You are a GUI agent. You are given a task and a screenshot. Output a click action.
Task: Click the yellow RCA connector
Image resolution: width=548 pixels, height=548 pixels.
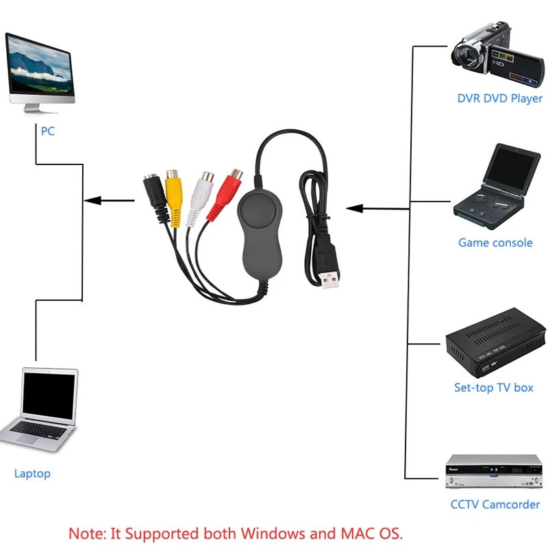[173, 197]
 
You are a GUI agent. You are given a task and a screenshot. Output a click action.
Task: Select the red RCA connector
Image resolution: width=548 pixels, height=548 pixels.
[225, 194]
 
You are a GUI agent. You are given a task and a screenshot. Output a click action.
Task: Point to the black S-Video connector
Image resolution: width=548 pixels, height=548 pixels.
[156, 197]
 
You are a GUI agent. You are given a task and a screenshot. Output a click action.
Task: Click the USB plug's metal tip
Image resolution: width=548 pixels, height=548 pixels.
[329, 280]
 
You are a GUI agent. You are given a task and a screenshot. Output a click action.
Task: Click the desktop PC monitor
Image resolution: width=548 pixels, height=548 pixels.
[40, 73]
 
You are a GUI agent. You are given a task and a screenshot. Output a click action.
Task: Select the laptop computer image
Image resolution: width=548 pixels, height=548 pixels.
[39, 409]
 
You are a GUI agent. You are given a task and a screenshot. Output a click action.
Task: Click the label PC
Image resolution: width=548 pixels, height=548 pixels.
[48, 131]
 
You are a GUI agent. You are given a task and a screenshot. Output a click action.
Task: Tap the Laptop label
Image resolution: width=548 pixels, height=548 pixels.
[32, 473]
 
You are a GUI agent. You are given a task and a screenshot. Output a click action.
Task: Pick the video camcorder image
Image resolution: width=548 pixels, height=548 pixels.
[497, 54]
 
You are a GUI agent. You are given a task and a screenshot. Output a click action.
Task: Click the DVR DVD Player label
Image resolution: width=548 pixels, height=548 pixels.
[500, 99]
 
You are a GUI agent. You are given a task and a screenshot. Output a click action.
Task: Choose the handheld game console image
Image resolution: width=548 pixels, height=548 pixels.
[497, 187]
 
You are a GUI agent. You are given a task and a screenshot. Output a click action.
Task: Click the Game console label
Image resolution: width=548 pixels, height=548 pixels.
[495, 242]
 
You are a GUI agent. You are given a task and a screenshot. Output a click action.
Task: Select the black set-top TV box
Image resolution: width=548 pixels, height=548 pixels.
[495, 342]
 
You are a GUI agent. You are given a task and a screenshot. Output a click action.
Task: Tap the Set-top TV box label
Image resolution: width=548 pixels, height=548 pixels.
[493, 388]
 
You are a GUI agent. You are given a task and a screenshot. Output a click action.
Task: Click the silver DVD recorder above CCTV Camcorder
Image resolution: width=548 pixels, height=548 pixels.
[494, 471]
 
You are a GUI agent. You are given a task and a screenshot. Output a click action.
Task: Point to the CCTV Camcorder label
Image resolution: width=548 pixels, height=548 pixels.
[495, 504]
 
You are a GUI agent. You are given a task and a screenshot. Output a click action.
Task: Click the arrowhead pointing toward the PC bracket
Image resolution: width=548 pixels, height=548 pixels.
[92, 201]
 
